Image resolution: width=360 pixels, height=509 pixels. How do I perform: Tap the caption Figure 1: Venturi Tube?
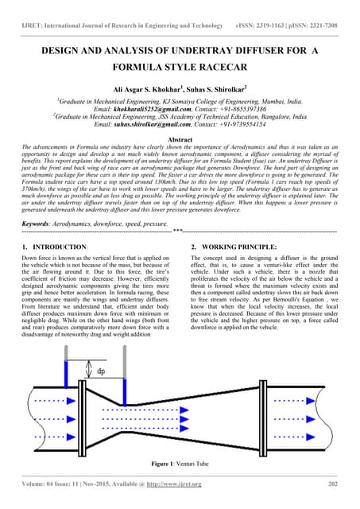[x=180, y=462]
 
